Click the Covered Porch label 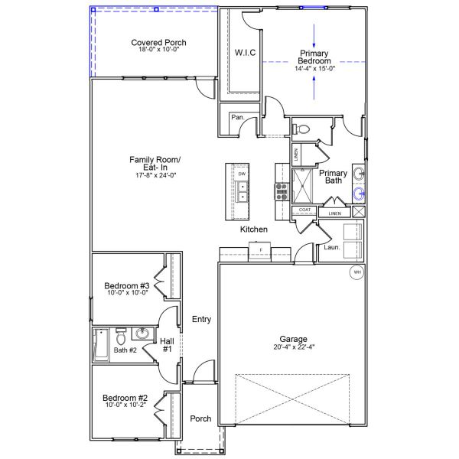click(x=158, y=43)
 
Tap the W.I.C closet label click(x=245, y=53)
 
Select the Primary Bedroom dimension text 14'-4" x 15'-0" click(x=314, y=69)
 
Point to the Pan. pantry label click(x=238, y=117)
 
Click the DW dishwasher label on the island click(x=242, y=174)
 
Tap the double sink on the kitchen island click(x=243, y=191)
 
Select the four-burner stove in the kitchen click(x=282, y=192)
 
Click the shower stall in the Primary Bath click(x=302, y=186)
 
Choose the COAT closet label click(x=304, y=210)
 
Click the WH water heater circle click(x=357, y=272)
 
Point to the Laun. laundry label click(x=332, y=247)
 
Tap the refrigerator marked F click(x=260, y=251)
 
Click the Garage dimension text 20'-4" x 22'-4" click(x=294, y=347)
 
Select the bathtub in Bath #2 click(x=101, y=344)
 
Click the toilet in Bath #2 click(x=121, y=337)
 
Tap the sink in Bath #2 click(x=142, y=334)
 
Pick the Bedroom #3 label click(x=127, y=285)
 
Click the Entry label click(x=201, y=319)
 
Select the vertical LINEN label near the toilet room click(x=296, y=155)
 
